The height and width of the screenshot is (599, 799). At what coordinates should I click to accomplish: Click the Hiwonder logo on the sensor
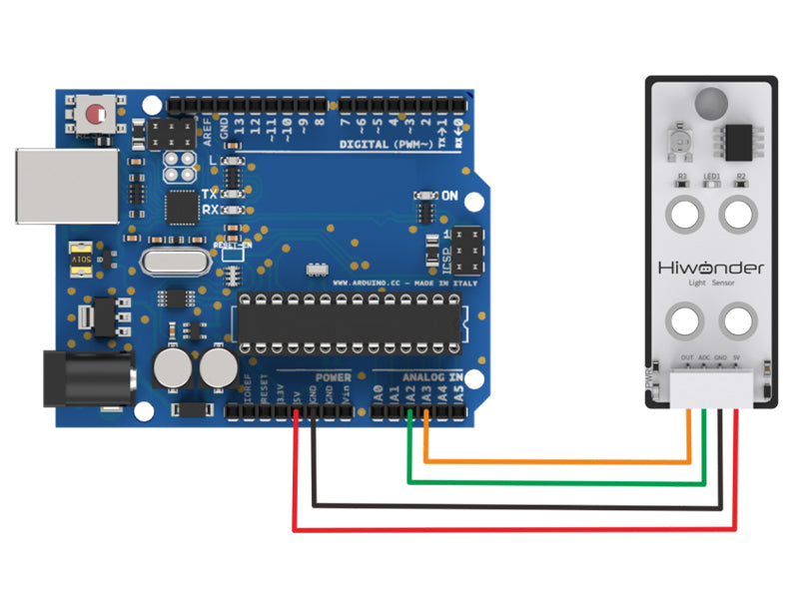[x=711, y=268]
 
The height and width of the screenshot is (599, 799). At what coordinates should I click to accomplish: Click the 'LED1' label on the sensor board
[x=712, y=177]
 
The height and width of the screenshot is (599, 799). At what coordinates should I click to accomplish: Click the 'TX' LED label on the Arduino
[x=210, y=194]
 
